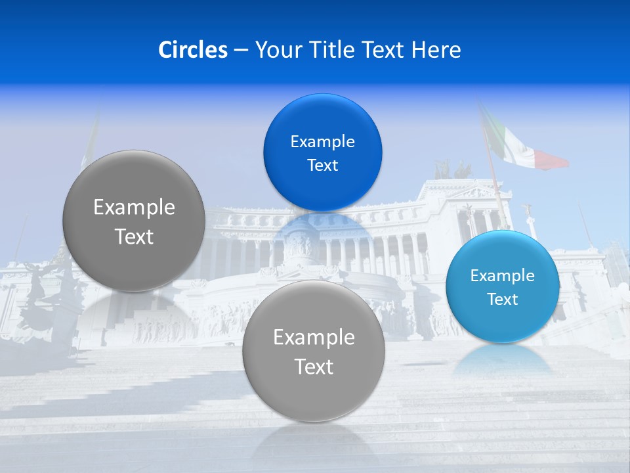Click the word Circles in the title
(x=193, y=50)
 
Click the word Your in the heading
(x=278, y=50)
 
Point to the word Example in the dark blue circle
(x=322, y=142)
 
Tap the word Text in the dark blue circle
(x=322, y=165)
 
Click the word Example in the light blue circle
(x=502, y=276)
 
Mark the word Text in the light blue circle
(x=502, y=300)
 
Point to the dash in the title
(x=241, y=51)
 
